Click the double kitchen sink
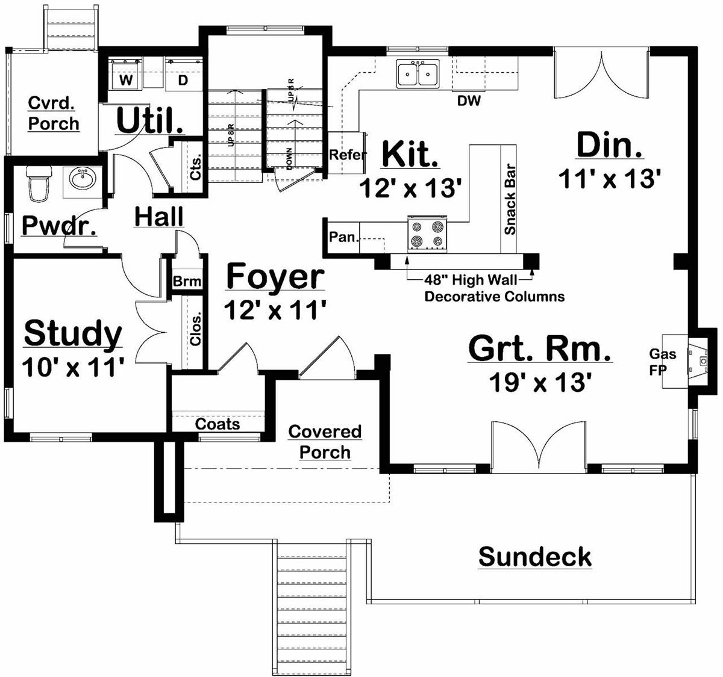click(418, 74)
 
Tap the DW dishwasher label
click(469, 101)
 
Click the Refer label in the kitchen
click(348, 155)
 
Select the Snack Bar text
click(510, 199)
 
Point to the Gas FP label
click(662, 362)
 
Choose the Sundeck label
click(535, 557)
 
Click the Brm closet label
click(187, 282)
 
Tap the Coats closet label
click(218, 424)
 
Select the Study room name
click(73, 334)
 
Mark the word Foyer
click(275, 277)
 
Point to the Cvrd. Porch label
click(54, 114)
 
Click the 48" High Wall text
click(470, 279)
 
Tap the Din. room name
click(609, 146)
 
